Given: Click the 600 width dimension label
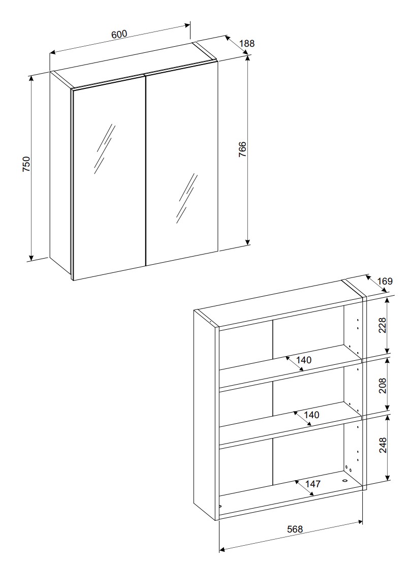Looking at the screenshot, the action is (119, 34).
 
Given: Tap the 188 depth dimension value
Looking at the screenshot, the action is (246, 44).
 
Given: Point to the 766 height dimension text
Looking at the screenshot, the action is (242, 149).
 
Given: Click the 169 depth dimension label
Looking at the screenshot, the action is (385, 281).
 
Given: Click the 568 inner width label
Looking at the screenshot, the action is (295, 529).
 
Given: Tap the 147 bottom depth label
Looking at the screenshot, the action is (313, 484).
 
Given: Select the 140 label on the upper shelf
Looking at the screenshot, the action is (304, 360).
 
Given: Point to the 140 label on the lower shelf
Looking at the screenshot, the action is (311, 415).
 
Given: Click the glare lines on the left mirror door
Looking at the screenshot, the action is (105, 148).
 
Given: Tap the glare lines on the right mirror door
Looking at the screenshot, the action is (186, 198).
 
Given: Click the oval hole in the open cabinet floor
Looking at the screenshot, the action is (344, 481).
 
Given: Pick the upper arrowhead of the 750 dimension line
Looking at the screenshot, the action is (31, 78).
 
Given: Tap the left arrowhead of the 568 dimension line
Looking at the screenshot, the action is (223, 549).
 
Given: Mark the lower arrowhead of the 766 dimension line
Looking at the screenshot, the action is (248, 242).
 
